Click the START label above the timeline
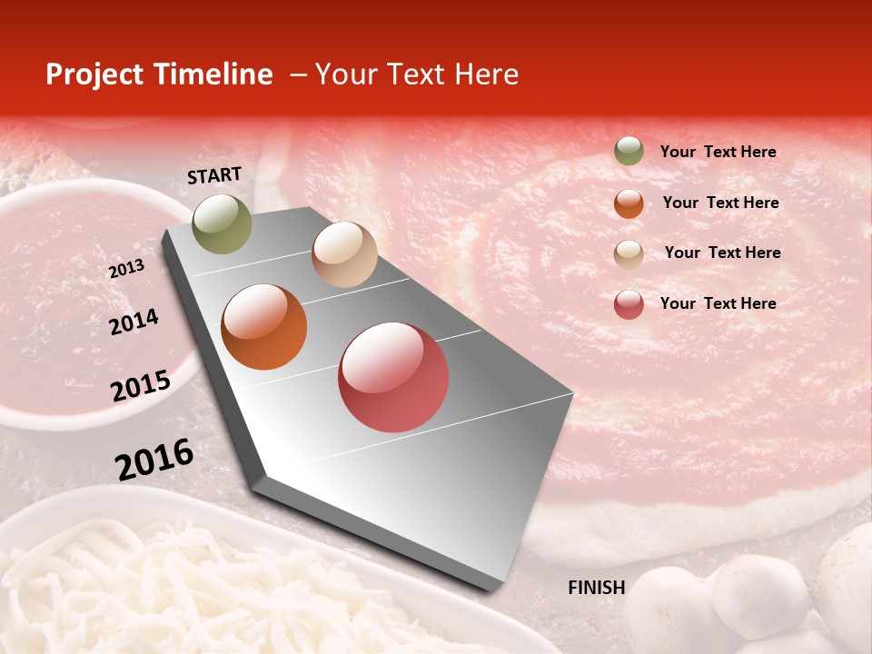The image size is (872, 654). (x=214, y=175)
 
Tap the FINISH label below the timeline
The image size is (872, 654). (x=596, y=588)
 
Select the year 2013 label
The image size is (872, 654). (x=126, y=269)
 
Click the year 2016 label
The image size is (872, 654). (x=154, y=459)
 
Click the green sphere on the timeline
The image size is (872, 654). (x=223, y=223)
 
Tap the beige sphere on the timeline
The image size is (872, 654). (x=344, y=254)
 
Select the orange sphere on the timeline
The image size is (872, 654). (x=264, y=327)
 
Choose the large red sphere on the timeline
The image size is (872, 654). (x=393, y=377)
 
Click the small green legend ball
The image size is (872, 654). (x=629, y=152)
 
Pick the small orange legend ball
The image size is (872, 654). (x=629, y=203)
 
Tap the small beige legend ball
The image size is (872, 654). (x=629, y=253)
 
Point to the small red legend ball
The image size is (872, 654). (x=629, y=304)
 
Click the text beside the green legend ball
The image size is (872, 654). (x=718, y=152)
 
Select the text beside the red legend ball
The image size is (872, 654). (x=718, y=303)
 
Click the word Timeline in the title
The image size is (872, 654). (x=220, y=74)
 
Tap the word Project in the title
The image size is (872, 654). (x=91, y=74)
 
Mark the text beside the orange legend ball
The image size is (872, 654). (x=720, y=203)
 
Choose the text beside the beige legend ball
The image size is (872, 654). (x=722, y=253)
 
